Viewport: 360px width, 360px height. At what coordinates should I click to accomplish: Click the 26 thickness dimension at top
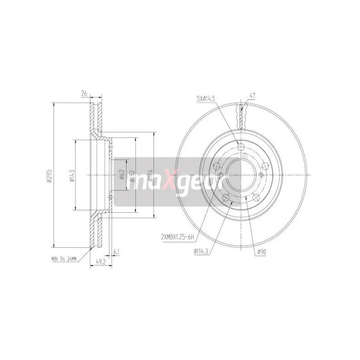84,94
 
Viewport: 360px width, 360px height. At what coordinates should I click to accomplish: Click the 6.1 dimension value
117,252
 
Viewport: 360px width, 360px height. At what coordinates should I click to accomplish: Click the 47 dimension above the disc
252,95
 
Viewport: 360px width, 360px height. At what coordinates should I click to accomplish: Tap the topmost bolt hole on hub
241,147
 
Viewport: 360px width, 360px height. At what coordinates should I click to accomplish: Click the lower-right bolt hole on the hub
256,197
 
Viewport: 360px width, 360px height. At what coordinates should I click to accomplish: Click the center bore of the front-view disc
241,175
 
